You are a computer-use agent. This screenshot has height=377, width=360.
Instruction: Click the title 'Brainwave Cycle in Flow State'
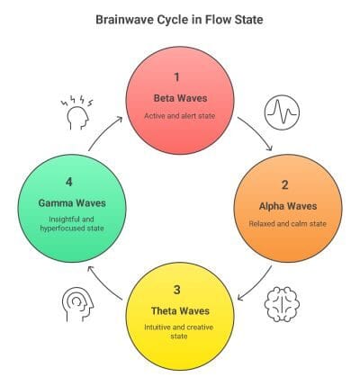click(180, 17)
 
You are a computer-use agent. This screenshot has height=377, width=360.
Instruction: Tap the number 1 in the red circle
click(179, 78)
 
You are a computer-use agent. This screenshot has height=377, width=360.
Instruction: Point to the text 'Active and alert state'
click(179, 117)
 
